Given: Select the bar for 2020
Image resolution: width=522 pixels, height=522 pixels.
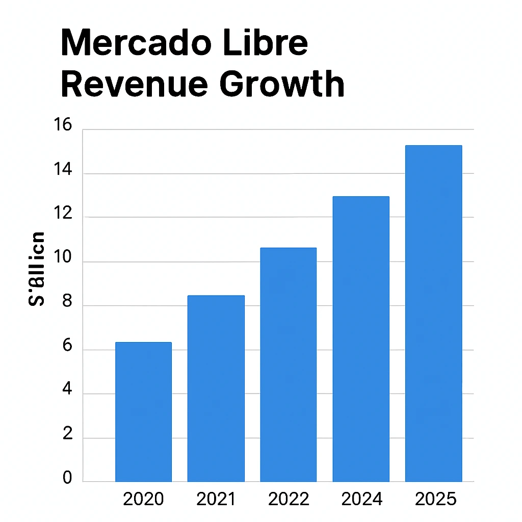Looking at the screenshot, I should [x=143, y=412].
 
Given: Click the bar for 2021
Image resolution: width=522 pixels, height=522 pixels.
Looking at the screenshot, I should [x=216, y=388].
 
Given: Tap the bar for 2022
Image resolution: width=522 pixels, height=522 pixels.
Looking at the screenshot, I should [x=288, y=364].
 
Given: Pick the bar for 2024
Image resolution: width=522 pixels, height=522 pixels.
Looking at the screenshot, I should [x=361, y=339].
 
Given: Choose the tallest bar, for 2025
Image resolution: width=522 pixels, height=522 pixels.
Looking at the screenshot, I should [x=433, y=314].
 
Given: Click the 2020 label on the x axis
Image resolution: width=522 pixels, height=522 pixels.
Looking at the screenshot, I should [x=143, y=499].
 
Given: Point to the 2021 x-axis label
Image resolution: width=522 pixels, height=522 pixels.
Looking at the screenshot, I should [x=216, y=499].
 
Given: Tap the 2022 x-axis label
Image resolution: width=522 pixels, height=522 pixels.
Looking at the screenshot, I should [x=289, y=499].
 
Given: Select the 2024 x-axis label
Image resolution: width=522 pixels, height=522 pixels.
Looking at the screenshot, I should [x=361, y=499].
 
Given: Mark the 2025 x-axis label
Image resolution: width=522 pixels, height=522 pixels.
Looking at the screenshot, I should [x=435, y=499].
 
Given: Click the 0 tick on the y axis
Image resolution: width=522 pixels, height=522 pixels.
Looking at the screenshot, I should [x=67, y=478].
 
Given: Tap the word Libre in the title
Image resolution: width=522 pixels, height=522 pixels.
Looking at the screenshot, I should [x=272, y=43].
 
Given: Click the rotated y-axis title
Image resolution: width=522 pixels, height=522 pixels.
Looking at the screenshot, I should [x=36, y=269].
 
